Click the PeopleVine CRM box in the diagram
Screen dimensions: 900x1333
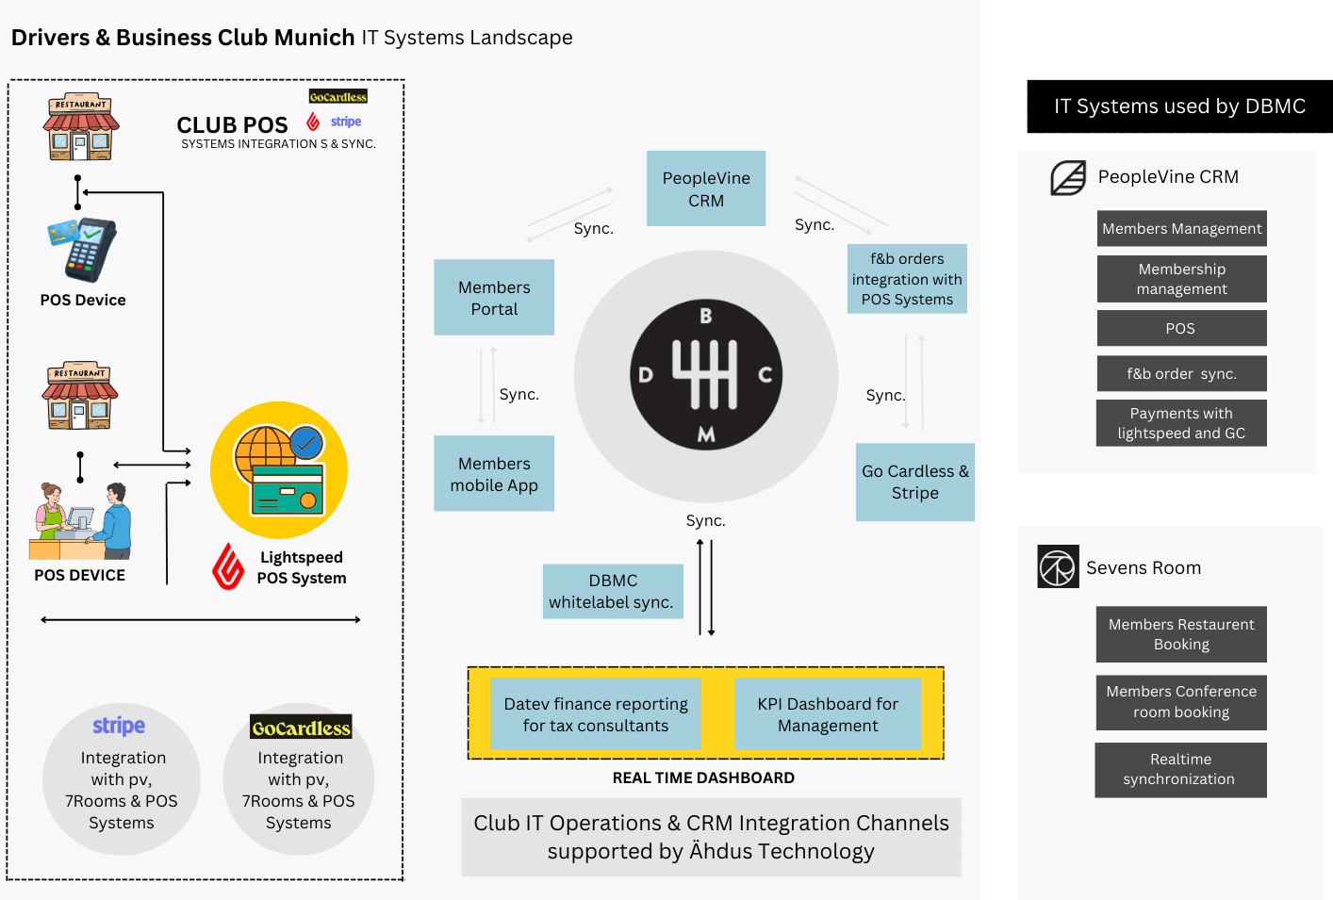click(x=705, y=188)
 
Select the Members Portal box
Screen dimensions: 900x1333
click(x=494, y=298)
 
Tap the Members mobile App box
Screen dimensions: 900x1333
click(x=494, y=473)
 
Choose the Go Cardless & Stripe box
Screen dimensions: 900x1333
click(x=914, y=482)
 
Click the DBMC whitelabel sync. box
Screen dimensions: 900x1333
click(x=613, y=591)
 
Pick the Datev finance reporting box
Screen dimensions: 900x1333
click(x=596, y=713)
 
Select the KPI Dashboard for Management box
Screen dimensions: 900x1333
click(x=827, y=713)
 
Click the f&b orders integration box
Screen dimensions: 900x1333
click(x=907, y=279)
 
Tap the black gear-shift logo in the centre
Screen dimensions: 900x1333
click(x=706, y=375)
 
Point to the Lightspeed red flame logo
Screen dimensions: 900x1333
click(x=228, y=566)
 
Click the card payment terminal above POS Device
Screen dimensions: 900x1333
click(x=83, y=250)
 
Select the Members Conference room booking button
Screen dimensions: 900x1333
click(x=1181, y=702)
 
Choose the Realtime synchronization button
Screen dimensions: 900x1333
click(x=1180, y=769)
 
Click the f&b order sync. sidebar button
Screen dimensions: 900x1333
click(x=1181, y=373)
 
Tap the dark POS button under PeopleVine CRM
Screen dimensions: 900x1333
click(x=1181, y=328)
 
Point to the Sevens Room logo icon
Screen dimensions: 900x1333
click(x=1058, y=566)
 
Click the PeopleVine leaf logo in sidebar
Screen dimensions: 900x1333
click(x=1068, y=177)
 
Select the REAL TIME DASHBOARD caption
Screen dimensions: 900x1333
click(x=703, y=777)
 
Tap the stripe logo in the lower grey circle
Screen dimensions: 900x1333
click(x=119, y=726)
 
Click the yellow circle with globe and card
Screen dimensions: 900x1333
click(x=279, y=470)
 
